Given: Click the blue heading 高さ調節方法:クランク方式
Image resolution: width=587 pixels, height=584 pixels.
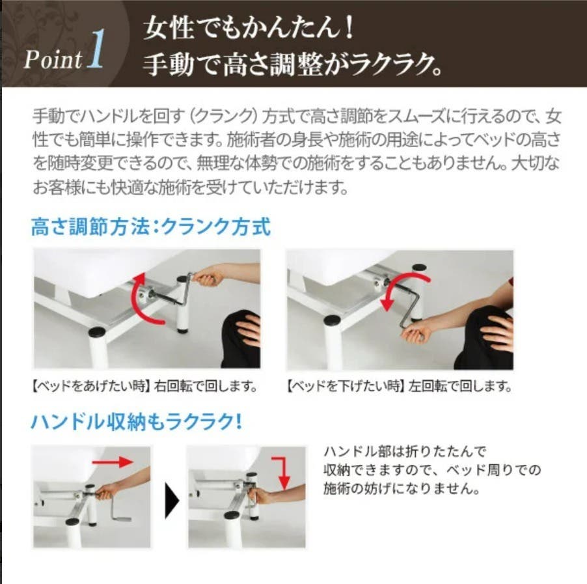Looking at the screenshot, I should tap(150, 227).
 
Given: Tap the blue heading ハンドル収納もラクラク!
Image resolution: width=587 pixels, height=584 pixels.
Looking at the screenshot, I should tap(137, 422).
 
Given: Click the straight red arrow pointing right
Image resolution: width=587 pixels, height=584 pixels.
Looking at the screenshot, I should tap(112, 462).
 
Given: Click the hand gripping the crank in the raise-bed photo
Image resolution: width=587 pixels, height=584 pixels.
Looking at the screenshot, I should tap(207, 279).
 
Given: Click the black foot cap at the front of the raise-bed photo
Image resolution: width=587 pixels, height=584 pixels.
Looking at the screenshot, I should tap(98, 331).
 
